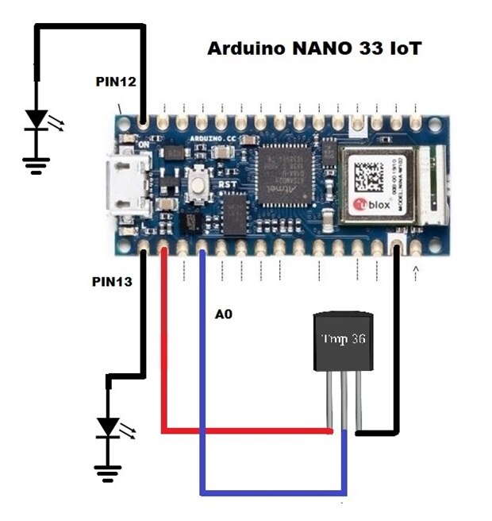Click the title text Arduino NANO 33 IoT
coord(313,48)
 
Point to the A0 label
coord(224,315)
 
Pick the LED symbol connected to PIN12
coord(36,120)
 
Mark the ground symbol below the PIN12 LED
coord(35,164)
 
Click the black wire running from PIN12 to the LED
coord(89,29)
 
